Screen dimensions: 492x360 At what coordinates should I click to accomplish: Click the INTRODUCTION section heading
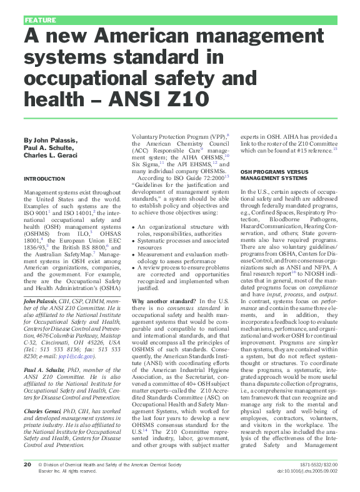click(x=44, y=178)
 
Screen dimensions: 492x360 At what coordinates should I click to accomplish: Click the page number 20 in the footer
click(x=27, y=482)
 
